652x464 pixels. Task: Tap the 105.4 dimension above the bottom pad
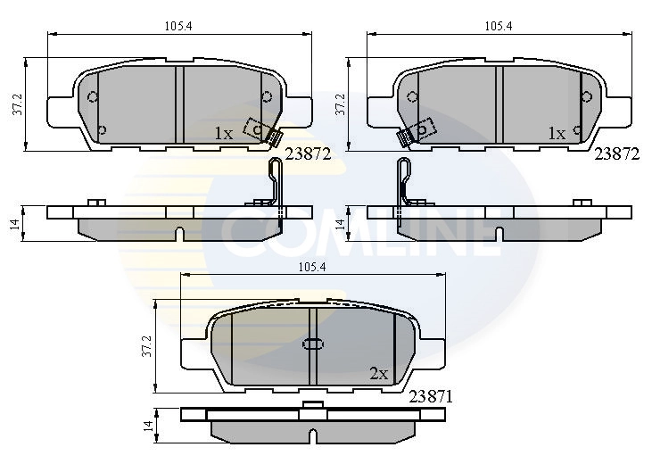pos(312,267)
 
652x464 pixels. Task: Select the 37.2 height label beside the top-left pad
pos(18,104)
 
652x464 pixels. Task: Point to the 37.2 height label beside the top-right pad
pos(340,104)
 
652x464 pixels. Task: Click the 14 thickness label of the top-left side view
pos(16,223)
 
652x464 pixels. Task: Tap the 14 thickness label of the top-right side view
pos(340,223)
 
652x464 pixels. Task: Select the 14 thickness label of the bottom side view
pos(148,427)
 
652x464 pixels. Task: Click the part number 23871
pos(431,397)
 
